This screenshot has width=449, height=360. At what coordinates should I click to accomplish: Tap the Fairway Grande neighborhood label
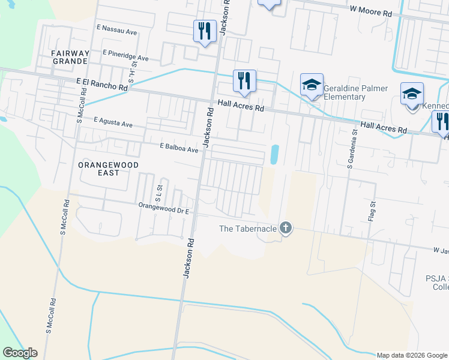tap(70, 57)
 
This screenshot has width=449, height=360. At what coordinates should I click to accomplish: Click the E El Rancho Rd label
tap(102, 84)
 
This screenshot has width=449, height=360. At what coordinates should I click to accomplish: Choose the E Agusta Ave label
tap(113, 122)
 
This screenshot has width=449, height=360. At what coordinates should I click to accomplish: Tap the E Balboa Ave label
tap(179, 148)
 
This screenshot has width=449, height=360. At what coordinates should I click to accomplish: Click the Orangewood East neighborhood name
tap(108, 169)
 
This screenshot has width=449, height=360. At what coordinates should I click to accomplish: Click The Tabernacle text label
tap(247, 229)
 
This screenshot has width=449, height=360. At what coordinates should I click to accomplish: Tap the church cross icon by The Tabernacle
tap(286, 228)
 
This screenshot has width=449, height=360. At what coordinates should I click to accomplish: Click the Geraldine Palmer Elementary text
tap(355, 93)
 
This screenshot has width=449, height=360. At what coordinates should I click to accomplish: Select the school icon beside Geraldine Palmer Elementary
tap(312, 85)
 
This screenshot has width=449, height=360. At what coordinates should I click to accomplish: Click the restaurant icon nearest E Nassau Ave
tap(205, 30)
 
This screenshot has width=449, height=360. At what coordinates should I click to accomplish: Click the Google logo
tap(20, 353)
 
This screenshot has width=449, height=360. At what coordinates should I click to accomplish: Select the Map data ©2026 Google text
tap(411, 355)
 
